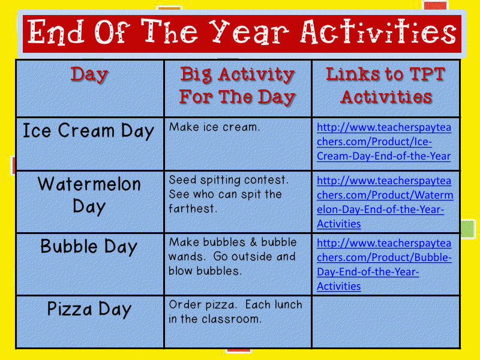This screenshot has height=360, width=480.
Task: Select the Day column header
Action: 89,75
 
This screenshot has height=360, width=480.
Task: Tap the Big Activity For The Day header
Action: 238,86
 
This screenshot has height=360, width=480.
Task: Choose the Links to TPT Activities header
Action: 386,86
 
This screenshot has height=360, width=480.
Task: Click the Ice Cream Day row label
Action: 88,131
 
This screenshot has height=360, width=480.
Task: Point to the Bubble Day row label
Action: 89,247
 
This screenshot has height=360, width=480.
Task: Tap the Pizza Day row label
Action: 89,309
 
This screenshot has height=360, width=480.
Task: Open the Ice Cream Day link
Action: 384,142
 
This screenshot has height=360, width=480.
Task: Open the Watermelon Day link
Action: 385,202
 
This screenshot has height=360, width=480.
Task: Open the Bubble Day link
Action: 384,265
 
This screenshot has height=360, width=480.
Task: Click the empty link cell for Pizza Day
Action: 386,321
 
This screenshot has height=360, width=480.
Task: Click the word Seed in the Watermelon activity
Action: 181,179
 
